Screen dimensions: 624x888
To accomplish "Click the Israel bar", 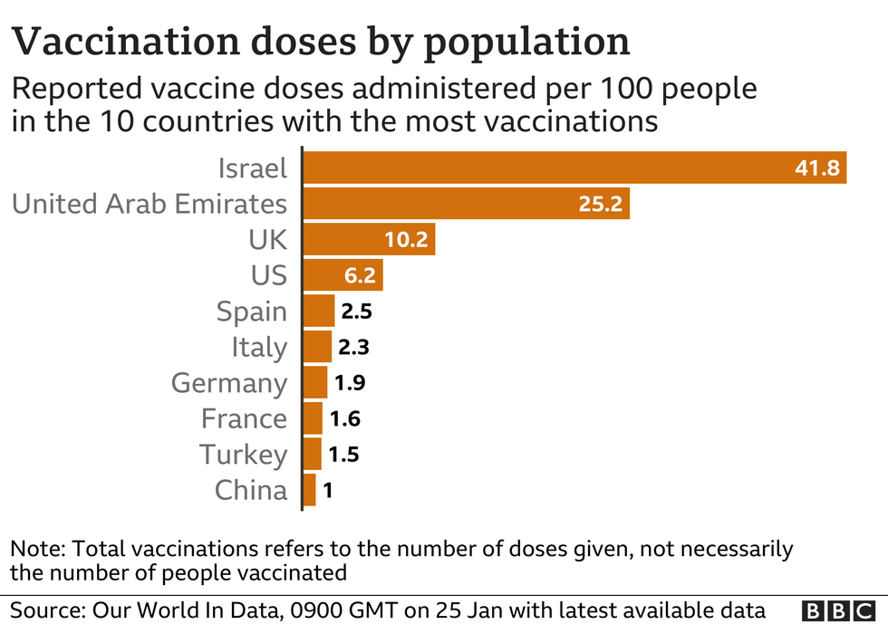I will click(x=544, y=168).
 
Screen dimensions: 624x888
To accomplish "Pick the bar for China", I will click(x=310, y=490).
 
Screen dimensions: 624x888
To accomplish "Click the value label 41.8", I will click(x=816, y=168).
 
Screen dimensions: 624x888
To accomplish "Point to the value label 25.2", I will click(x=600, y=204).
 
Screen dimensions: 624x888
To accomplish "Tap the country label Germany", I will click(x=229, y=383).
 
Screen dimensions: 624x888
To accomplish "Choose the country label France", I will click(x=244, y=418).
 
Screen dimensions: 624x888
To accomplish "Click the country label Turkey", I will click(x=244, y=454).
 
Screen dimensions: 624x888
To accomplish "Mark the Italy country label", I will click(x=258, y=347).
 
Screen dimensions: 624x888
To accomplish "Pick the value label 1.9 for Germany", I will click(x=350, y=383).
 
